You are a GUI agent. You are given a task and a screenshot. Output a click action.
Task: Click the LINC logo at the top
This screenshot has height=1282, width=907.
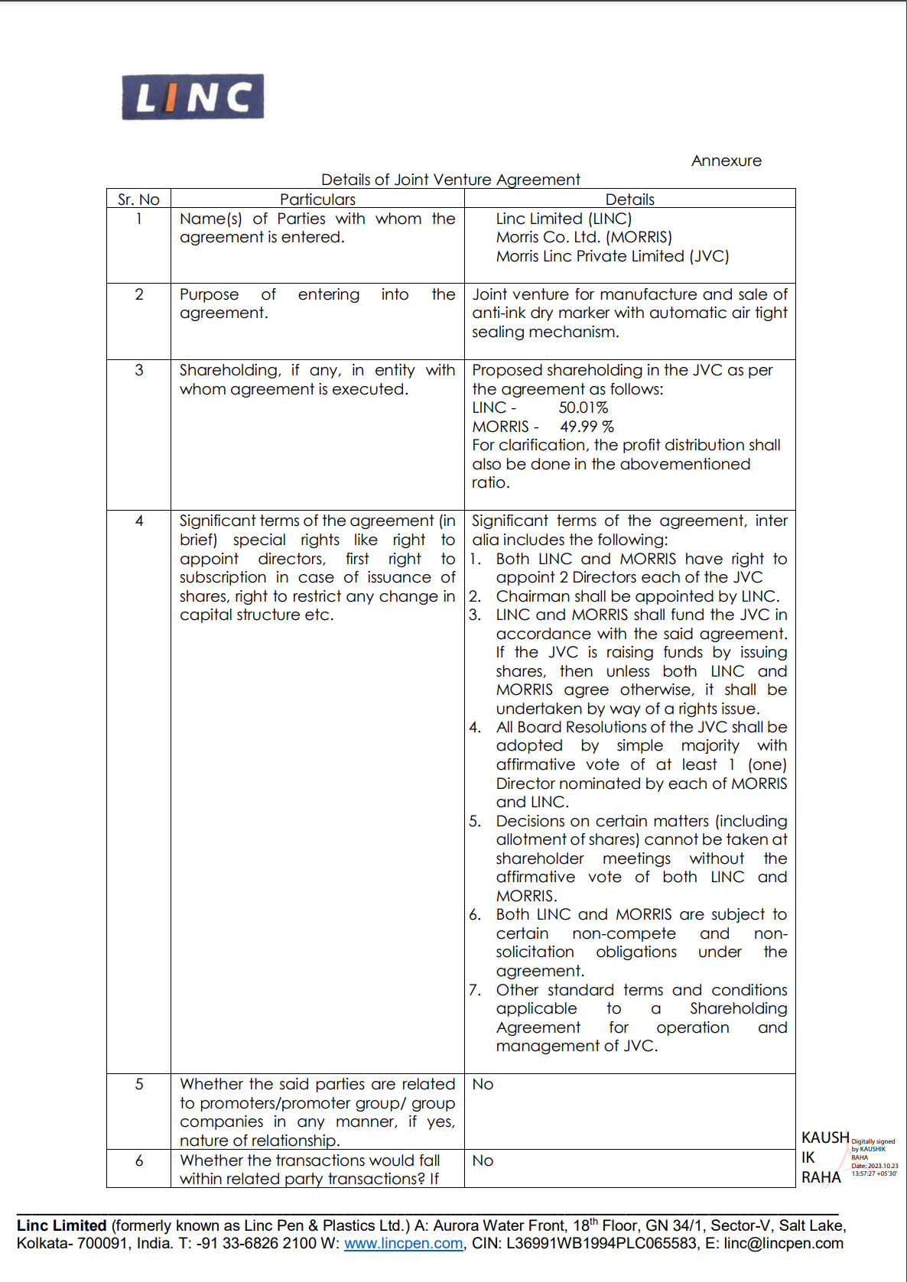coord(193,97)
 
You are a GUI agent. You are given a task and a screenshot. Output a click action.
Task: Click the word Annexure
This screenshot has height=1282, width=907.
coord(726,161)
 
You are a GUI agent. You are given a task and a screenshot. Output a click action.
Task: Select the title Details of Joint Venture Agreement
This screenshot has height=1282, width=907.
coord(450,180)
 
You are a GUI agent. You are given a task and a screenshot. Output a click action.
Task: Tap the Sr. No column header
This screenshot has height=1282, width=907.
coord(138,200)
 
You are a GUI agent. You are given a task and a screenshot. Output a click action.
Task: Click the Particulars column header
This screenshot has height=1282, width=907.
coord(317,200)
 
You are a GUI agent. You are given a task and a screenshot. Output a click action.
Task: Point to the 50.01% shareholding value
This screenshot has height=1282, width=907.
coord(583,407)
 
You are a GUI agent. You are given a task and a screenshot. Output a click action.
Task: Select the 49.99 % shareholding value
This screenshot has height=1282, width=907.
coord(587,427)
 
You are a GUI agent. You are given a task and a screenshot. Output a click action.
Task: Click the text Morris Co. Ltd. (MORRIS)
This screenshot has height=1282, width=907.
coord(584,237)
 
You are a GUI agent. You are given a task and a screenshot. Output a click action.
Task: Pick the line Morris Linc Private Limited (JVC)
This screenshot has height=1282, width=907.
coord(612,256)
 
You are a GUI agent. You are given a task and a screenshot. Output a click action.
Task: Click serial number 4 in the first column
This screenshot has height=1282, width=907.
coord(139,521)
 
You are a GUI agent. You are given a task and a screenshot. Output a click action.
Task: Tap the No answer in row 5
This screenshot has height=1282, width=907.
coord(483,1084)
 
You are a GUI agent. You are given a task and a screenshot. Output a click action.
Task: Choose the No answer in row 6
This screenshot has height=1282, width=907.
coord(483,1160)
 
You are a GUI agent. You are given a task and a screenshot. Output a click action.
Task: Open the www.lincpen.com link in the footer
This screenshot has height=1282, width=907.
coord(403,1244)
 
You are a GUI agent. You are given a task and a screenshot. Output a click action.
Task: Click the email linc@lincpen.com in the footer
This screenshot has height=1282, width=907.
coord(783,1244)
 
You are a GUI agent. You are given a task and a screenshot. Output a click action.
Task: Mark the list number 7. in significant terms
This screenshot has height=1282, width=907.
coord(475,990)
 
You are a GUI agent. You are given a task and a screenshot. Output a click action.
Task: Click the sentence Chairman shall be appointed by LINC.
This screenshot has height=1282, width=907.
coord(637,596)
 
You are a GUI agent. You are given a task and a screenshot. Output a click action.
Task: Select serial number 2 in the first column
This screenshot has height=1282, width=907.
coord(139,294)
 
